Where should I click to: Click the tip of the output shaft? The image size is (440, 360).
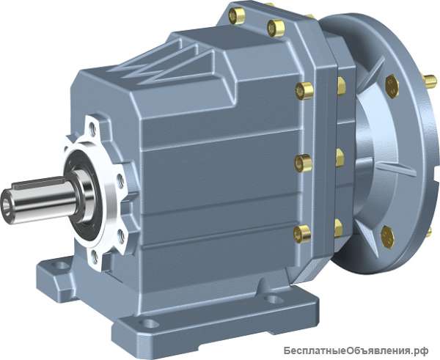6,206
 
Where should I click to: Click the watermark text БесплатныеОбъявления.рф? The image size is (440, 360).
356,350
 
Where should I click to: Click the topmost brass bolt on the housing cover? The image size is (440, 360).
237,16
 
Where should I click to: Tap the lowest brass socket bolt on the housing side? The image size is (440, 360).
302,234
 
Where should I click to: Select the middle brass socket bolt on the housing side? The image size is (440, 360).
303,163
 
